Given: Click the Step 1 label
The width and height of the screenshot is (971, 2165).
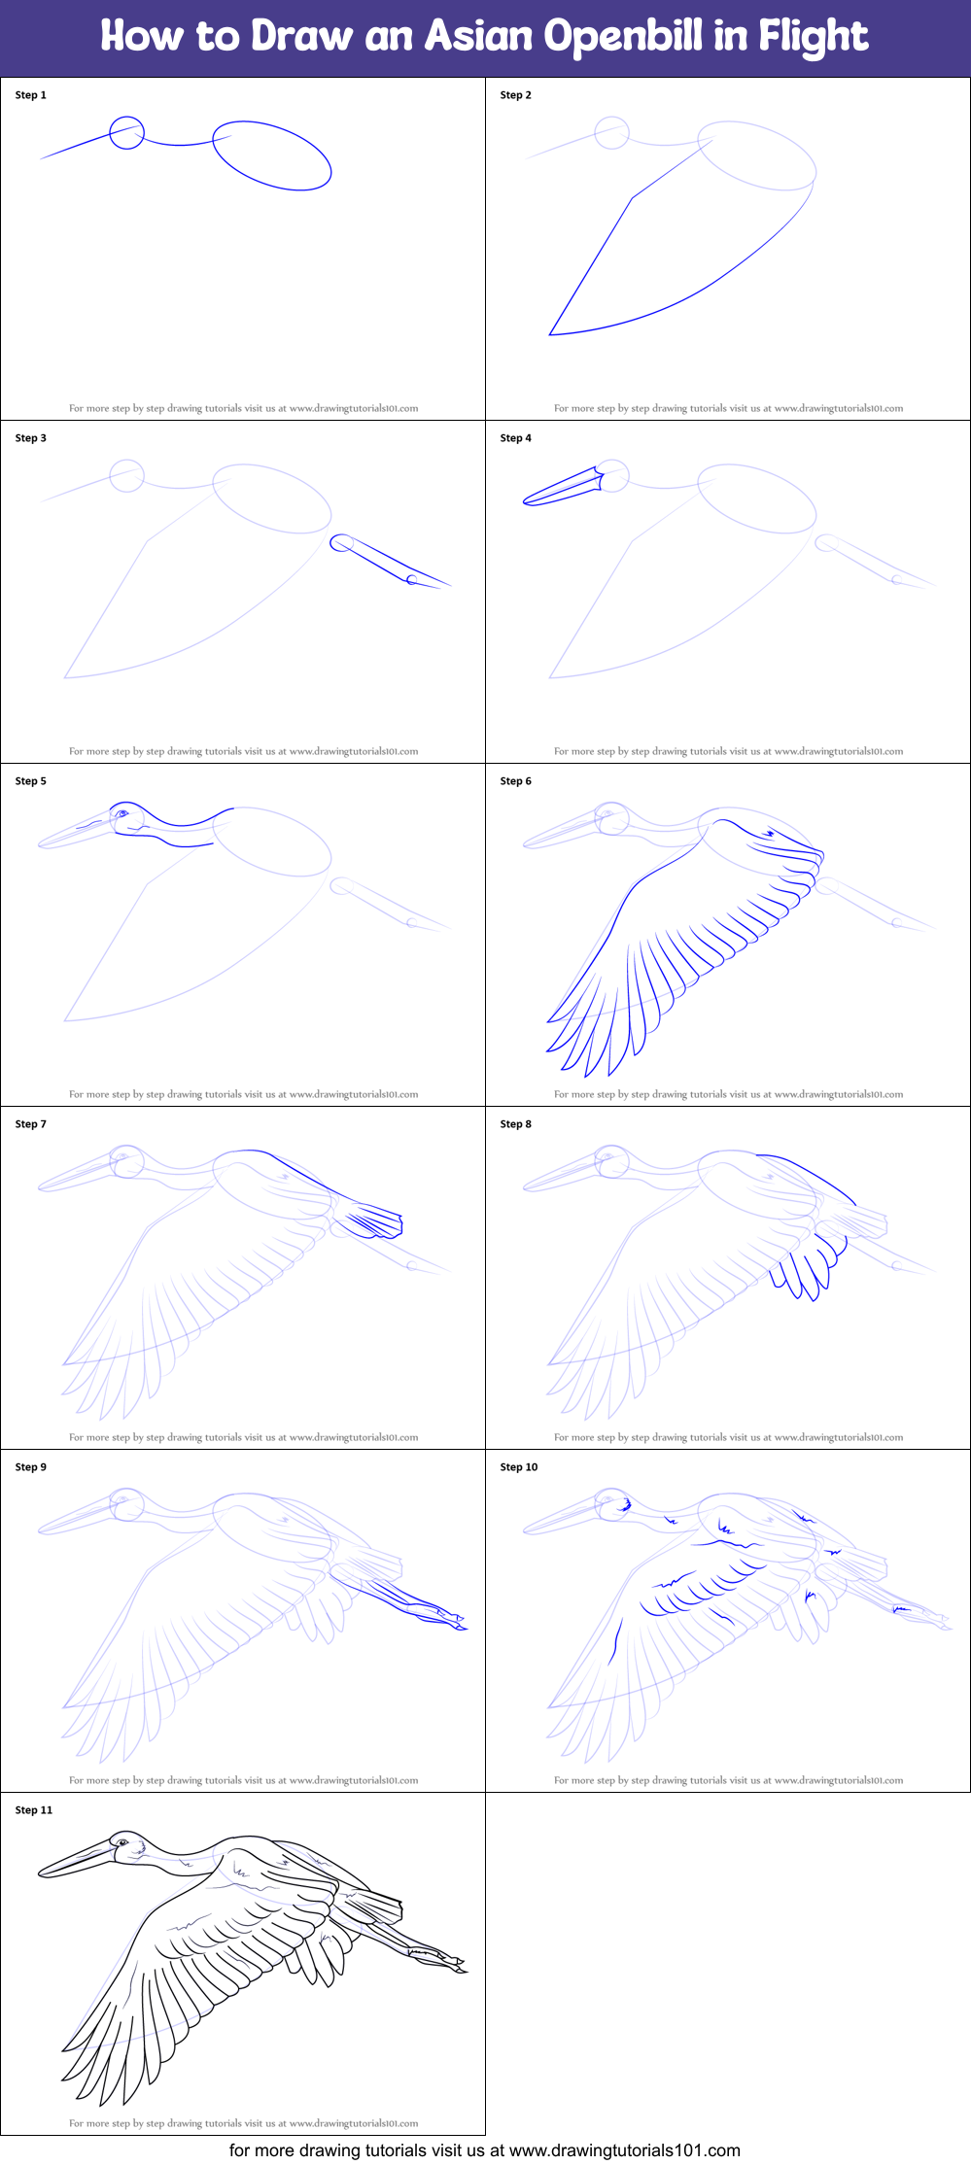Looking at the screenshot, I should tap(30, 95).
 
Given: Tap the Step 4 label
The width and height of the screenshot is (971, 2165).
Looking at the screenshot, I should tap(515, 438).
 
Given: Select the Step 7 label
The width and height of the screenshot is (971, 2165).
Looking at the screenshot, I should tap(30, 1124).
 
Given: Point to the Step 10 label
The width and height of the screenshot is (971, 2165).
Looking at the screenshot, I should tap(518, 1467).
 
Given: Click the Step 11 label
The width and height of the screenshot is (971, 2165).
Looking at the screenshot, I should tap(34, 1810).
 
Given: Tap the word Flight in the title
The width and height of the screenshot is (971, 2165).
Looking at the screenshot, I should tap(813, 37).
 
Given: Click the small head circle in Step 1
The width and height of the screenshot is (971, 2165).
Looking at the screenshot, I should tap(126, 133).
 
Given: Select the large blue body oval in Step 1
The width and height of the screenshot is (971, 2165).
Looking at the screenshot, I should tap(272, 155).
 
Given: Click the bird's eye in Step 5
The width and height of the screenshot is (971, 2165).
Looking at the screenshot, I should tap(121, 813).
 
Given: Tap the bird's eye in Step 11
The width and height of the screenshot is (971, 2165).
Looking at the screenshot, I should tap(121, 1842).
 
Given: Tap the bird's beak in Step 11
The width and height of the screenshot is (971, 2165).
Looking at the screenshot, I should tap(78, 1861).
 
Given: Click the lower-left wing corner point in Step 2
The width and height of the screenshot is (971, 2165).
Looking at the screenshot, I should tap(550, 334).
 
